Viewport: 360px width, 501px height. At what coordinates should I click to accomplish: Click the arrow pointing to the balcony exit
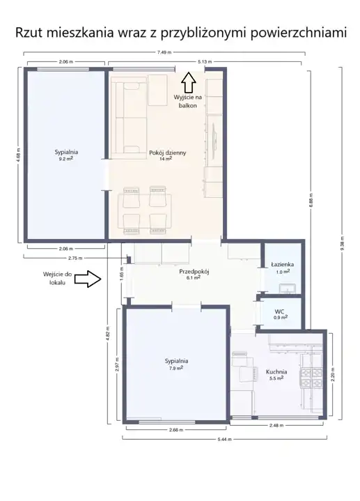[x=189, y=82]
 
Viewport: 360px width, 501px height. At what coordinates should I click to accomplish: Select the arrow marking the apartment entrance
[x=88, y=279]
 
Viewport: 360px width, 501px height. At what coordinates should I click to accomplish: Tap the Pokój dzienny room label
[x=167, y=153]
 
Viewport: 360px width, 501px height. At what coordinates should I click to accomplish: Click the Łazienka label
[x=283, y=265]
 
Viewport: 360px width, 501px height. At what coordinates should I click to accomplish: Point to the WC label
[x=279, y=311]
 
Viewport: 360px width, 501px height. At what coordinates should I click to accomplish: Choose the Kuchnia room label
[x=276, y=371]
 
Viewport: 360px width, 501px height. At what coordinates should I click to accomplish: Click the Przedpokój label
[x=194, y=272]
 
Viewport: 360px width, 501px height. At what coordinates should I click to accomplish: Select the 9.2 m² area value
[x=66, y=158]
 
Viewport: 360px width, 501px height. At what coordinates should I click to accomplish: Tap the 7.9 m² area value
[x=176, y=368]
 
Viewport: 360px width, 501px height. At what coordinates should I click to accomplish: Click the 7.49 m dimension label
[x=164, y=52]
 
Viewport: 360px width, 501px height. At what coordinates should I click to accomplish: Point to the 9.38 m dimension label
[x=342, y=244]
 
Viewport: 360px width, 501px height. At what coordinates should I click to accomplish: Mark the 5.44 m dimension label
[x=224, y=440]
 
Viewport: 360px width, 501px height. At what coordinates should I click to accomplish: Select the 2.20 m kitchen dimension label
[x=332, y=373]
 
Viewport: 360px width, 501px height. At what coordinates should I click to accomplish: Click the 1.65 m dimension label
[x=122, y=274]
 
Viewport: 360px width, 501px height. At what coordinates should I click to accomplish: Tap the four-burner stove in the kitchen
[x=311, y=378]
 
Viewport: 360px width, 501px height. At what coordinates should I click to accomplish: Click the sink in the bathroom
[x=288, y=288]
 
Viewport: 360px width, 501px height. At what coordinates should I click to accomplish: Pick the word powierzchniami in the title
[x=299, y=33]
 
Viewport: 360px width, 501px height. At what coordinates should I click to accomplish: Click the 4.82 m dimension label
[x=108, y=333]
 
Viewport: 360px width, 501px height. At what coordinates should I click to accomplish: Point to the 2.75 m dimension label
[x=75, y=259]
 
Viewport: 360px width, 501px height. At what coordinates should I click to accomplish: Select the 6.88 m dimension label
[x=311, y=201]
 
